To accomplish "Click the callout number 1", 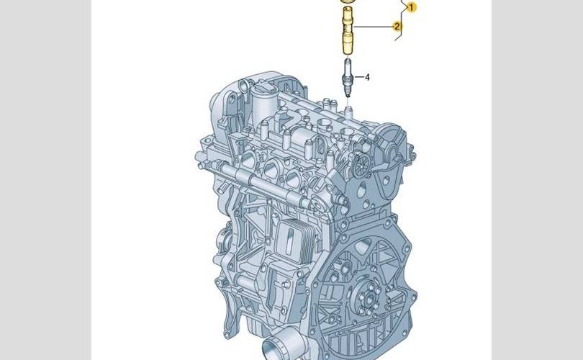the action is click(x=411, y=7).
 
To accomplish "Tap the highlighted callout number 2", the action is click(x=397, y=26).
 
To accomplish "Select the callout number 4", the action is click(x=367, y=77).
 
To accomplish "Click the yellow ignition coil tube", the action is click(x=347, y=30).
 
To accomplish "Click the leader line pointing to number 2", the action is click(x=374, y=27).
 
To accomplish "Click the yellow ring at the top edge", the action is click(x=347, y=1).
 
